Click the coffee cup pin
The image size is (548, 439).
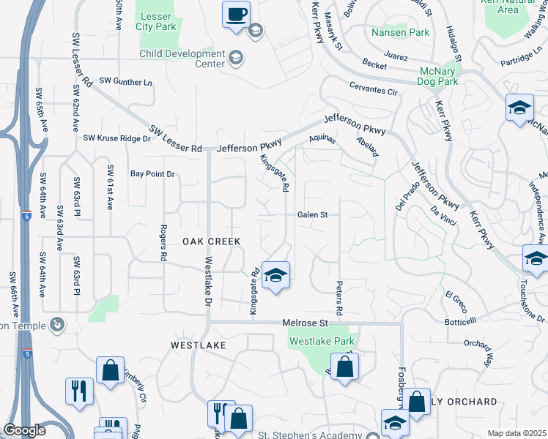[236, 15]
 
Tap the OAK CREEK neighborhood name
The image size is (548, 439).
[211, 241]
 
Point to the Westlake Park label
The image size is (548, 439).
[322, 341]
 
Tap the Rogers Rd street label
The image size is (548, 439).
[163, 244]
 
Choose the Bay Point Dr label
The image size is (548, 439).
[153, 174]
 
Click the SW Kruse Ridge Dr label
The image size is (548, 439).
[116, 138]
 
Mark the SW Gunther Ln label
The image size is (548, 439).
[126, 81]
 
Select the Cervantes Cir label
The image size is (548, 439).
[373, 92]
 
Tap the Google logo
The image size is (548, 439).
[24, 430]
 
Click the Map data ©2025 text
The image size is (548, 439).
[516, 433]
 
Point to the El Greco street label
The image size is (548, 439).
[456, 296]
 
